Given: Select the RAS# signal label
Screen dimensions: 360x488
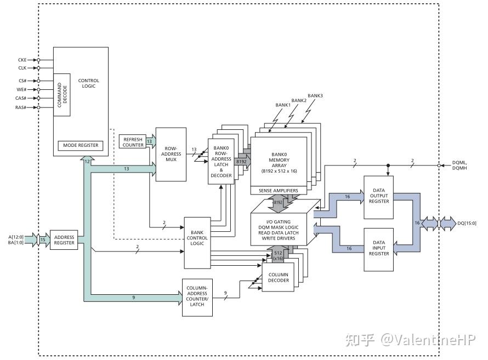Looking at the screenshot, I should [x=22, y=107].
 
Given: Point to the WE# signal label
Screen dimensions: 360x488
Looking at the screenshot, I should [x=22, y=89].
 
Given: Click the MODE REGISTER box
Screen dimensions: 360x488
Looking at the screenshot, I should [x=81, y=145].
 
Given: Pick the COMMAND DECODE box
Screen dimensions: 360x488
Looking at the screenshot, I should [x=62, y=93].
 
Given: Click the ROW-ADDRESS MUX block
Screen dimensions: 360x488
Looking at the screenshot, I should [x=171, y=154].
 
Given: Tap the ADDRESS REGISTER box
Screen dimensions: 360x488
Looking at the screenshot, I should [x=64, y=239].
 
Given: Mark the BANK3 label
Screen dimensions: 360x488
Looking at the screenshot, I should [x=315, y=96].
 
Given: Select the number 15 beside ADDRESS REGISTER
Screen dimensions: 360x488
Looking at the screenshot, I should [x=43, y=239].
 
